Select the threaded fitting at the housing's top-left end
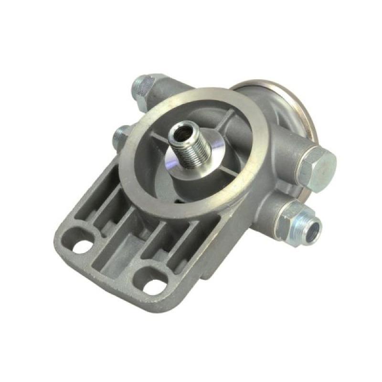pos(143,88)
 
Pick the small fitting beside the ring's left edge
pos(120,136)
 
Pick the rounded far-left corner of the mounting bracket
pos(60,236)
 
